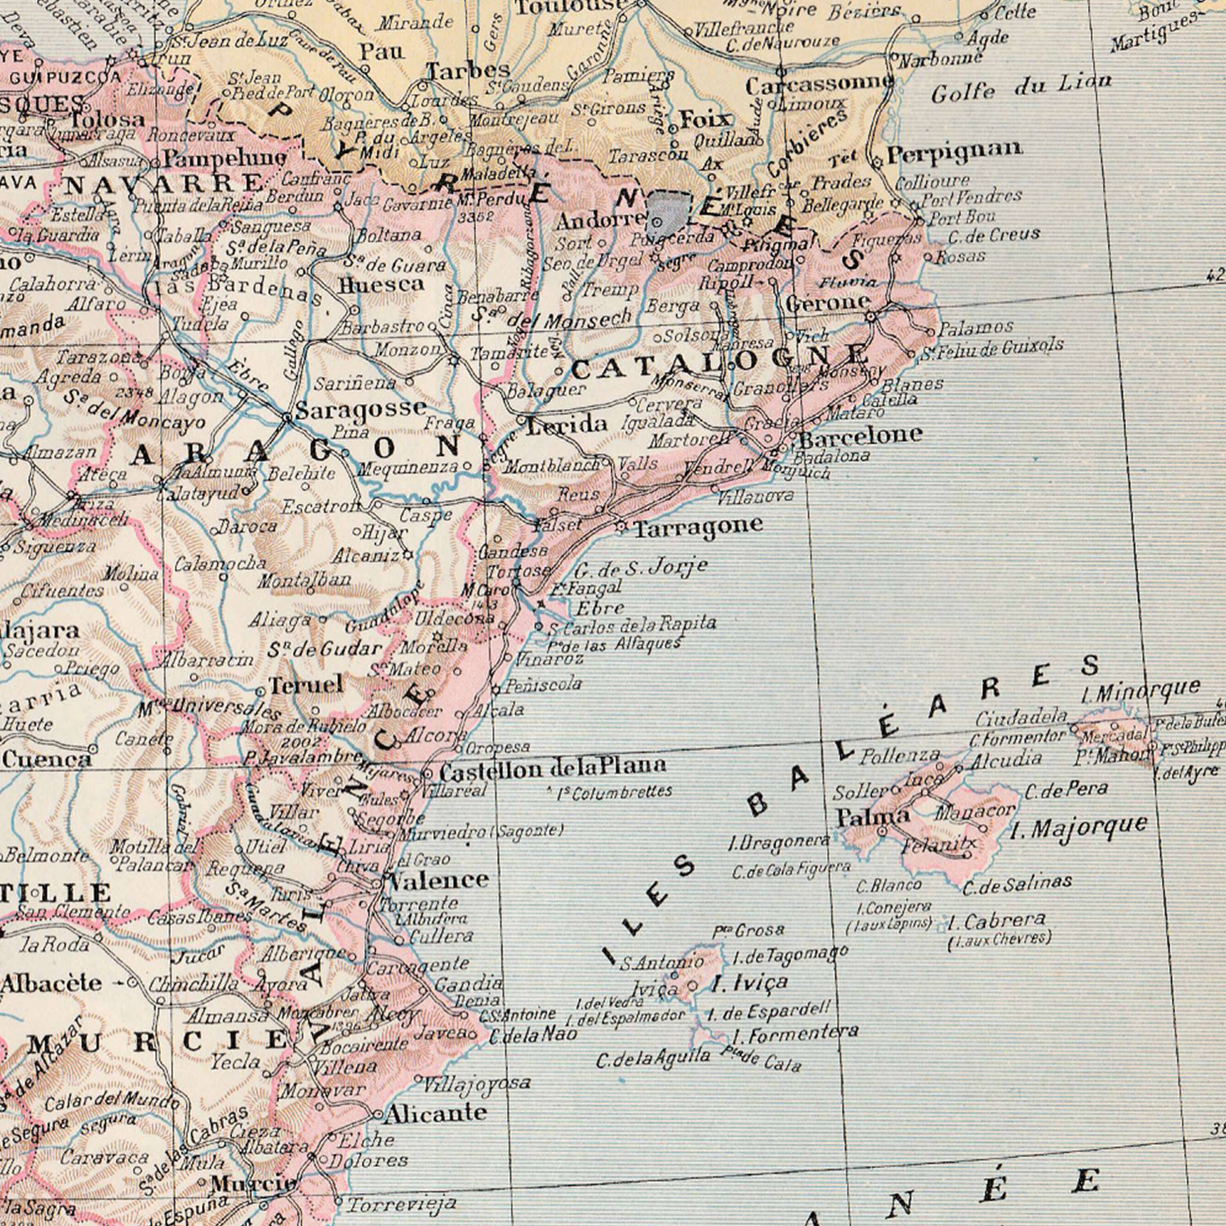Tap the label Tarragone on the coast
point(698,526)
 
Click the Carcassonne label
point(819,84)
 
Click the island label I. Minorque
point(1140,689)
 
